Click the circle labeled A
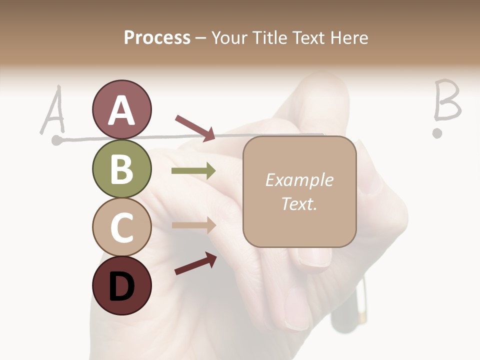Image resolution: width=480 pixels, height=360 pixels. (x=121, y=110)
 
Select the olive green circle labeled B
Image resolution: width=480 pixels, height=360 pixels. (x=121, y=169)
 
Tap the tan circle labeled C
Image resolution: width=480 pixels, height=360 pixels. (x=121, y=227)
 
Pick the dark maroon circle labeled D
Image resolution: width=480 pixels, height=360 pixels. (x=121, y=286)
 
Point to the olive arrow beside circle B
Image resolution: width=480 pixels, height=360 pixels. (x=193, y=171)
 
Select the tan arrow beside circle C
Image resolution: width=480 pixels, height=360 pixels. (x=193, y=225)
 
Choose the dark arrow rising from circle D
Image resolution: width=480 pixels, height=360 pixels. (x=195, y=263)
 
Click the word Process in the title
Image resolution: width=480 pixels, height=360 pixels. (x=157, y=37)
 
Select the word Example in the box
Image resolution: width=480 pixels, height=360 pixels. (x=299, y=180)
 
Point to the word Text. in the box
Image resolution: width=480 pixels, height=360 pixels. (x=299, y=203)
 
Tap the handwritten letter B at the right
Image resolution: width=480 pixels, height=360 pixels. (x=446, y=101)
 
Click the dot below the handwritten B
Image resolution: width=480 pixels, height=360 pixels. (x=437, y=133)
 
